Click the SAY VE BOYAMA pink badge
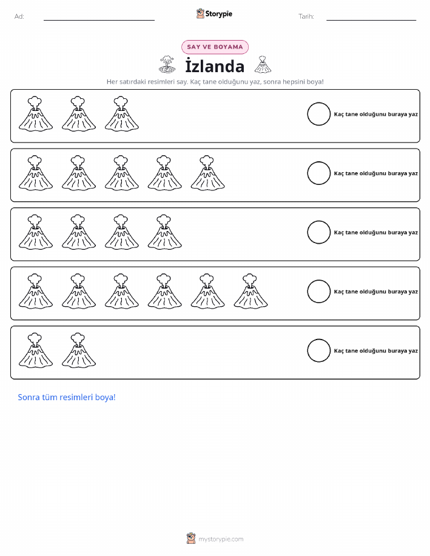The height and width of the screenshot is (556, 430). tap(215, 47)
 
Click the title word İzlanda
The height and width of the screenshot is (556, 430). tap(215, 65)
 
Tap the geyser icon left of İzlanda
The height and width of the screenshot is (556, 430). tap(167, 64)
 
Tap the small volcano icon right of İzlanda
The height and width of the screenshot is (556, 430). tap(263, 64)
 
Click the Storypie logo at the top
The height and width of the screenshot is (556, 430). tap(214, 14)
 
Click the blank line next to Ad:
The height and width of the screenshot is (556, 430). tap(99, 20)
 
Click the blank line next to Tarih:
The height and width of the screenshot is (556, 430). tap(371, 20)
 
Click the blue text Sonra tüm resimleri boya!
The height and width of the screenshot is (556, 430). tap(67, 397)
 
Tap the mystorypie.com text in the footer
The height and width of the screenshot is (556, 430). tap(221, 539)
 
